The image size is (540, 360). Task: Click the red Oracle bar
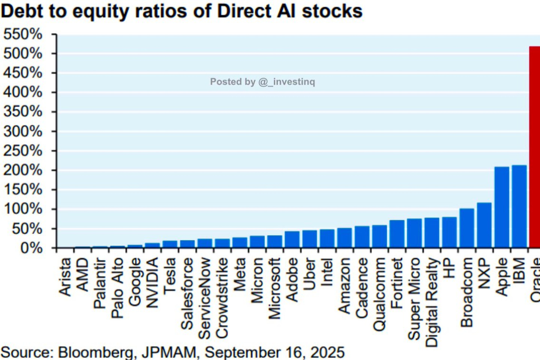[534, 147]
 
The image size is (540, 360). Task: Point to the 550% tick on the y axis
[29, 35]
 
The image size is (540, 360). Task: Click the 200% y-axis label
[29, 171]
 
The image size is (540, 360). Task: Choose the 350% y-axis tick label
[29, 112]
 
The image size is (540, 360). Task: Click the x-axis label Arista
[65, 277]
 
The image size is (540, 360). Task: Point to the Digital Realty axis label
[432, 302]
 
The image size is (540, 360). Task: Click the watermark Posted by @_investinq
[262, 82]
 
